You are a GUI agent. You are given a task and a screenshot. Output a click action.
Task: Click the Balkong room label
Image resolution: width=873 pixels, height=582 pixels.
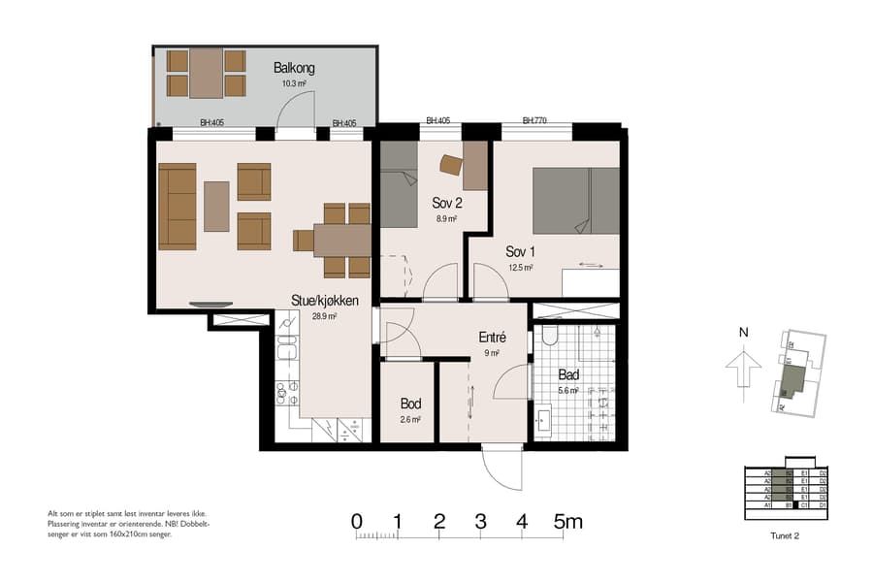pos(294,69)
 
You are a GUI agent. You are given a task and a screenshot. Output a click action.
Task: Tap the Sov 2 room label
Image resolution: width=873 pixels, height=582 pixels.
pos(446,203)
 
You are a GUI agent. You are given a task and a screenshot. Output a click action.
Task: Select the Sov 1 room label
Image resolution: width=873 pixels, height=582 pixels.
pos(520,251)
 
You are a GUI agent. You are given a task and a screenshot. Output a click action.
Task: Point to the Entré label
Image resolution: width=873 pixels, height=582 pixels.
pos(492,338)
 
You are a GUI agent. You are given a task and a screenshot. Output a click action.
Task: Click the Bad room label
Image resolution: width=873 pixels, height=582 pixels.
pos(568,374)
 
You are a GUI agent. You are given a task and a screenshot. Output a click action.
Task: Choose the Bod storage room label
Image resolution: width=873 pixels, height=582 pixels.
pos(409,403)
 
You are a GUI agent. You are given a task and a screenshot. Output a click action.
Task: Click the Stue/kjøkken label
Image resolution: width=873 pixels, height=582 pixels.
pos(325,301)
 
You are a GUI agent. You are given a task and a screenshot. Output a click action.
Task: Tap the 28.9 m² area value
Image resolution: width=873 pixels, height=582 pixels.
pos(324,316)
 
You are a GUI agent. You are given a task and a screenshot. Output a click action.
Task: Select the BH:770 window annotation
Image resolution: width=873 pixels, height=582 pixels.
pos(534,121)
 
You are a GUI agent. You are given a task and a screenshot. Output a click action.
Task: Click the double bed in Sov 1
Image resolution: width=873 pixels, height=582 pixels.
pos(575,201)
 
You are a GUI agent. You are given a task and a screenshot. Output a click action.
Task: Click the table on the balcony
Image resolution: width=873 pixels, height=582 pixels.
pos(207,73)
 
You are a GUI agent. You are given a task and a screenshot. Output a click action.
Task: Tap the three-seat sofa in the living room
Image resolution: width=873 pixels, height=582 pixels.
pos(178,206)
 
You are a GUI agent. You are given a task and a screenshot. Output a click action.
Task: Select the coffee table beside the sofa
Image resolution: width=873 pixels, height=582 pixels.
pos(217,206)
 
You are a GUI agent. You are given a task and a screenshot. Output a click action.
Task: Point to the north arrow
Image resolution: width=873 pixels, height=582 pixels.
pos(743,370)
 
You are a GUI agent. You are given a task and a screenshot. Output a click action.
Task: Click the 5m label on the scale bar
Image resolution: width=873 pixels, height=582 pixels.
pos(567,522)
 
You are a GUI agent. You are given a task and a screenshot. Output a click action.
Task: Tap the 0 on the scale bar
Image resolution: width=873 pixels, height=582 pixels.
pos(356,522)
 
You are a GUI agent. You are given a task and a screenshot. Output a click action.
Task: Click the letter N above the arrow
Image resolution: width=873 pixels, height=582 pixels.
pos(743,332)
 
